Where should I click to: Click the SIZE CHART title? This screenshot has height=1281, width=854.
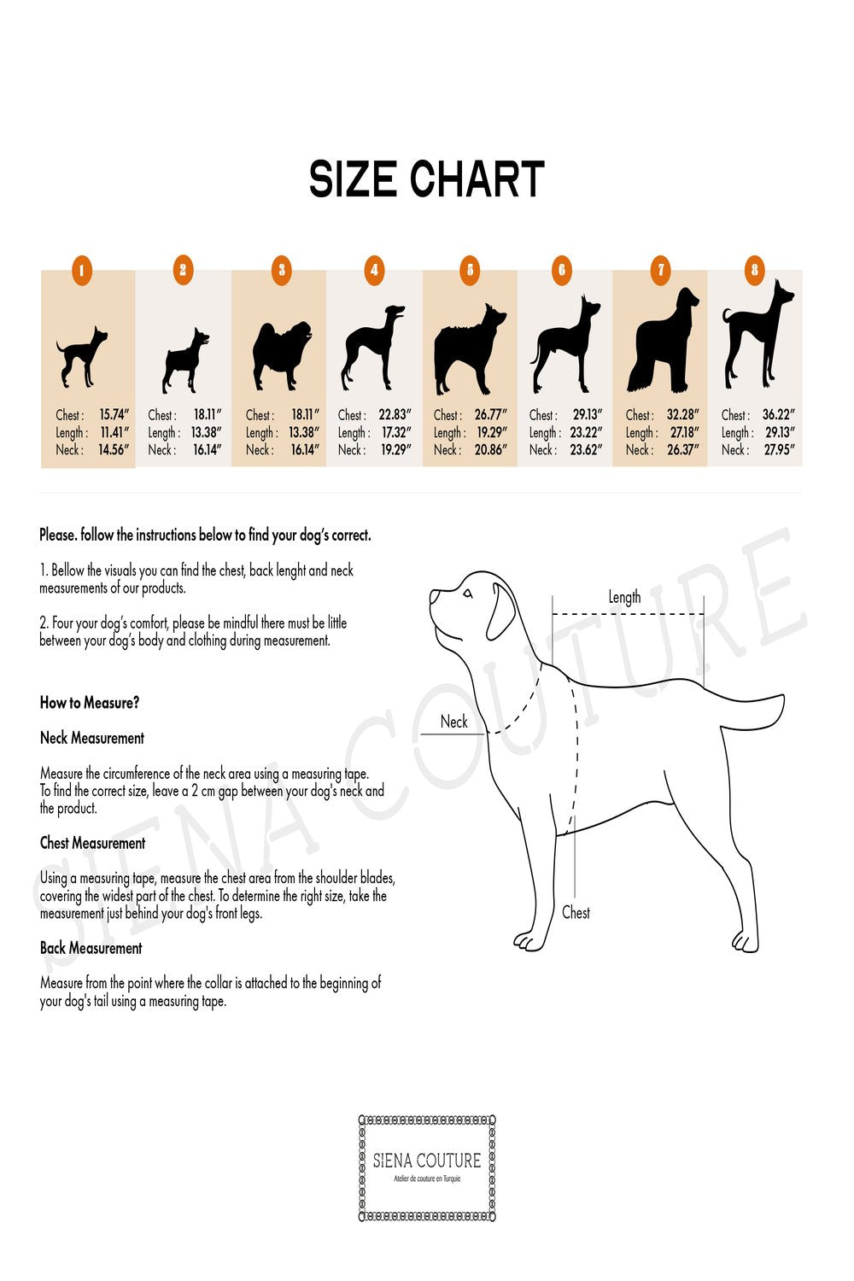pyautogui.click(x=426, y=179)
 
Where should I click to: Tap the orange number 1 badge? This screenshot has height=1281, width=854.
pyautogui.click(x=81, y=272)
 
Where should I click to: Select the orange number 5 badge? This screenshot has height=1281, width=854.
pyautogui.click(x=470, y=272)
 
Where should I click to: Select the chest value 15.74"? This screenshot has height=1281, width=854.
pyautogui.click(x=114, y=415)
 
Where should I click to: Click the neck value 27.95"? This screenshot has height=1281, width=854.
pyautogui.click(x=779, y=449)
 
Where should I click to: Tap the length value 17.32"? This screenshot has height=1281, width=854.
pyautogui.click(x=396, y=432)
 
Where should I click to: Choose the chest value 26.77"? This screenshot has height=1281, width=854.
pyautogui.click(x=490, y=415)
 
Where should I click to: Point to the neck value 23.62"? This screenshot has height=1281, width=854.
pyautogui.click(x=586, y=449)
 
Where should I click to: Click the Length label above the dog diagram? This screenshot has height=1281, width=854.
pyautogui.click(x=624, y=597)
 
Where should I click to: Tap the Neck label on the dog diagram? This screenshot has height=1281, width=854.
pyautogui.click(x=453, y=722)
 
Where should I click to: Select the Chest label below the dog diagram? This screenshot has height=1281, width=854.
pyautogui.click(x=576, y=912)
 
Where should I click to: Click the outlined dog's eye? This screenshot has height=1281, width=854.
pyautogui.click(x=466, y=594)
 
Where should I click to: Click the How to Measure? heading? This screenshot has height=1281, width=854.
pyautogui.click(x=90, y=703)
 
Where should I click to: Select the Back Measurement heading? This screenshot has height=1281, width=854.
pyautogui.click(x=91, y=948)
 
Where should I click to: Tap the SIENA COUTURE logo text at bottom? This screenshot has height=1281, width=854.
pyautogui.click(x=427, y=1161)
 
